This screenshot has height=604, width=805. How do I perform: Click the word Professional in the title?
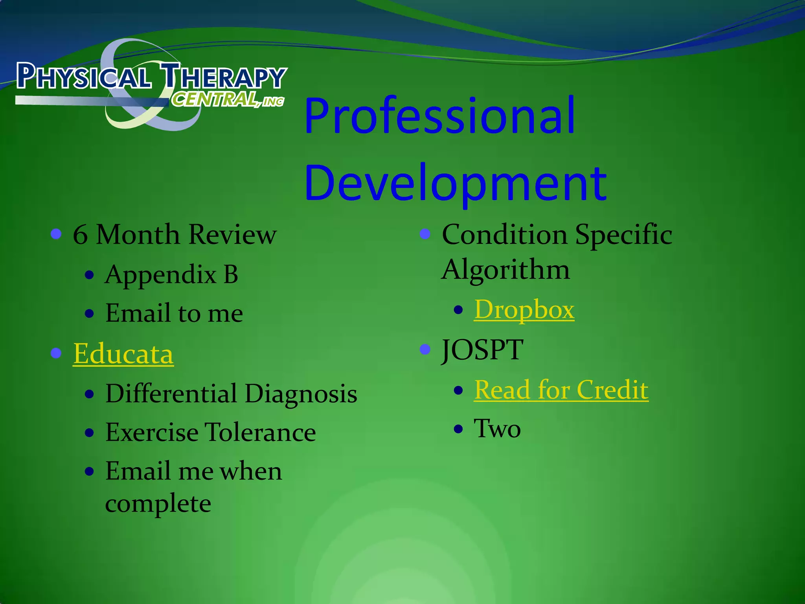click(x=439, y=116)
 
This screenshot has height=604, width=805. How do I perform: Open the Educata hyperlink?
click(x=123, y=354)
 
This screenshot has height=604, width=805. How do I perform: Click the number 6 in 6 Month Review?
click(x=80, y=235)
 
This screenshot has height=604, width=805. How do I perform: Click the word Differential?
click(x=171, y=393)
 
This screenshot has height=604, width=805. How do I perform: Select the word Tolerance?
click(x=261, y=432)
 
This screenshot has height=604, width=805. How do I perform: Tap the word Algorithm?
click(x=505, y=270)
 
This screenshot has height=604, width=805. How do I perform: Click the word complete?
click(x=158, y=503)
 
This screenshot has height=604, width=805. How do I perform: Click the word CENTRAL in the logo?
click(x=214, y=99)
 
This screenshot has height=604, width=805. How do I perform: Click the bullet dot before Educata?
click(x=56, y=353)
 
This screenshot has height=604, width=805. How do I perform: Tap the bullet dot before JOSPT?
click(x=425, y=349)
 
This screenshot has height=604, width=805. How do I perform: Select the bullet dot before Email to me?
click(x=90, y=314)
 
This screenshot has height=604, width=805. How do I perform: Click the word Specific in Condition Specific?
click(x=623, y=235)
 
